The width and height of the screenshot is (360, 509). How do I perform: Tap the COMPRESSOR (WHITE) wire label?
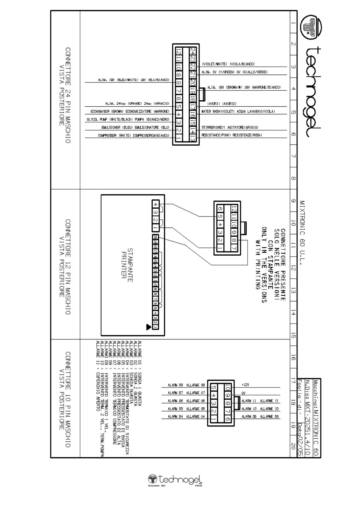[x=133, y=136]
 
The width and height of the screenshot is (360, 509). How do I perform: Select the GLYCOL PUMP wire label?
[x=128, y=120]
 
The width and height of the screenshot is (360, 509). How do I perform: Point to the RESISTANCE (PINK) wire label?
[x=232, y=135]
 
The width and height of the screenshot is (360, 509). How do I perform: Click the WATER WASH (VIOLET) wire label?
[x=238, y=112]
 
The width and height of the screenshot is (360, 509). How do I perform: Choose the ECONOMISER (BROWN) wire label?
[x=130, y=112]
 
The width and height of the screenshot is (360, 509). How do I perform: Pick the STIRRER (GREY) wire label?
[x=230, y=128]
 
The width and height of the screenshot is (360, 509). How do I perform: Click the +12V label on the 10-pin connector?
[x=245, y=385]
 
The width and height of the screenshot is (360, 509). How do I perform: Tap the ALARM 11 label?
[x=260, y=401]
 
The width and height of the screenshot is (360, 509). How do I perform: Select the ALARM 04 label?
[x=186, y=417]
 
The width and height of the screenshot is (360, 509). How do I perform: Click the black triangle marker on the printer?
[x=148, y=327]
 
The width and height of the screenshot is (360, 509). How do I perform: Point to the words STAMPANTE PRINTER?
[x=127, y=265]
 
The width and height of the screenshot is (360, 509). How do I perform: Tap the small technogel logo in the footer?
[x=175, y=480]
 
